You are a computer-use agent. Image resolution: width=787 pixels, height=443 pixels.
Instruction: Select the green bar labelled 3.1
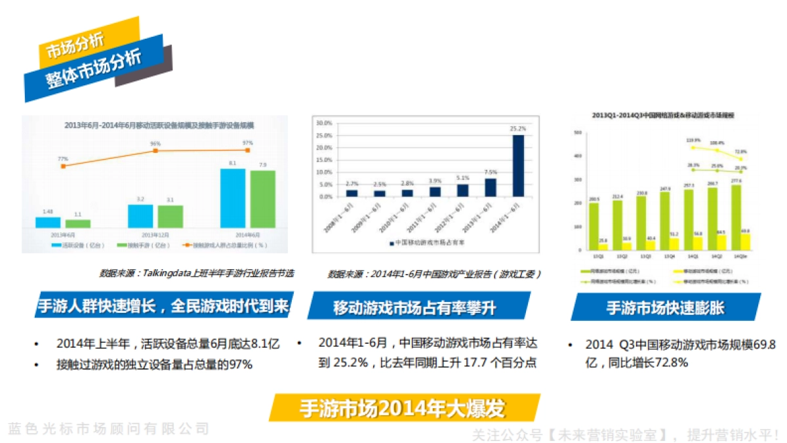(171, 216)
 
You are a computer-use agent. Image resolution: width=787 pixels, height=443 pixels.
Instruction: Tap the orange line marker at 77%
(63, 166)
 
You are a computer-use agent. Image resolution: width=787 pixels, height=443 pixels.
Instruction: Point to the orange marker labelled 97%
(247, 150)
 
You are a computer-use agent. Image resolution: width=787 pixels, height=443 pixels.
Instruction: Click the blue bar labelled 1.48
(48, 222)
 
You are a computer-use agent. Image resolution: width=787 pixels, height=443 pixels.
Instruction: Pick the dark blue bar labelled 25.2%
(518, 165)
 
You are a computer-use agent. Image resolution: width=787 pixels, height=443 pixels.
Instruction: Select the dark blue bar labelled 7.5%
(491, 188)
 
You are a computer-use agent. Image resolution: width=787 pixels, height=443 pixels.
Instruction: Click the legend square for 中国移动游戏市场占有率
(390, 242)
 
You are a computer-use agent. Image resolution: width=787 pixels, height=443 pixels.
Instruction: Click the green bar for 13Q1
(594, 226)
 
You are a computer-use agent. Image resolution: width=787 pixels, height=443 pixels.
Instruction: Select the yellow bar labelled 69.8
(746, 242)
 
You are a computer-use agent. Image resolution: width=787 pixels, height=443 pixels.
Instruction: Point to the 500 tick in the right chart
(578, 133)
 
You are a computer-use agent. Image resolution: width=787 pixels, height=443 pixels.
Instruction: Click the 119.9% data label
(693, 140)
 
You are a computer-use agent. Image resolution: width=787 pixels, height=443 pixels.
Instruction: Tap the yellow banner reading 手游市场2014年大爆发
(403, 408)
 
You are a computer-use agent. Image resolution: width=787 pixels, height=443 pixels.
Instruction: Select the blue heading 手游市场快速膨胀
(665, 307)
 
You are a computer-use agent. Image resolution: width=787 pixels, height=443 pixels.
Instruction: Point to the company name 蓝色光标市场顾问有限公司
(108, 429)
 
